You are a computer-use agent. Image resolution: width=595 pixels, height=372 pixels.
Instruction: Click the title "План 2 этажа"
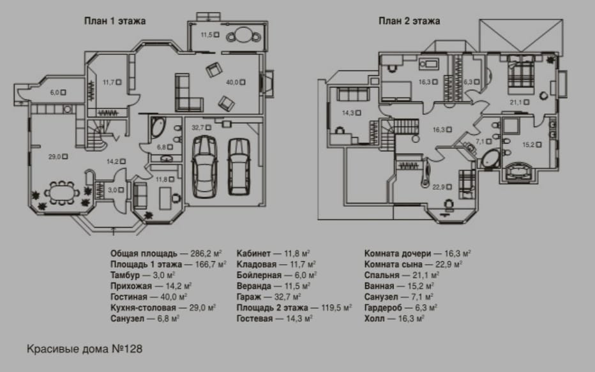pyautogui.click(x=409, y=20)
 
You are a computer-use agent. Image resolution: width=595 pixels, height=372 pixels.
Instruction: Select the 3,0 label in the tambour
pyautogui.click(x=112, y=190)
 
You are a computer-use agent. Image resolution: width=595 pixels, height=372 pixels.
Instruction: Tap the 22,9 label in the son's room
pyautogui.click(x=439, y=187)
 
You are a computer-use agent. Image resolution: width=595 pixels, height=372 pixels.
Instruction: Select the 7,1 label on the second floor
pyautogui.click(x=481, y=141)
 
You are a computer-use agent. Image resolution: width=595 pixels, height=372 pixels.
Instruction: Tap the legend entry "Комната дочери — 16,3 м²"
pyautogui.click(x=418, y=253)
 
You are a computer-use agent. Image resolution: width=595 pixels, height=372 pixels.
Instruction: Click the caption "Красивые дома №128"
pyautogui.click(x=85, y=349)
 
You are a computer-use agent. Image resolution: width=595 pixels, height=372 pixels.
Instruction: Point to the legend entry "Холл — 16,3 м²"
pyautogui.click(x=395, y=318)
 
